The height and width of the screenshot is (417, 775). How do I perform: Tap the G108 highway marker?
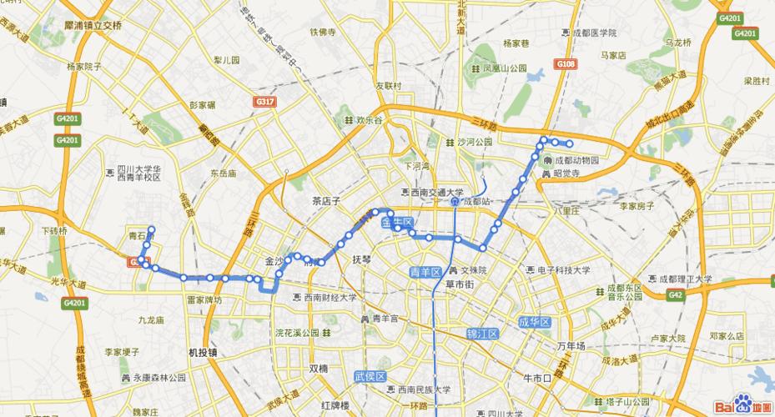pos(566,63)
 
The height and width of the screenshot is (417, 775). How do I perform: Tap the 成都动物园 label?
pos(576,160)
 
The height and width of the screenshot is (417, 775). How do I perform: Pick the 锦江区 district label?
pos(481,334)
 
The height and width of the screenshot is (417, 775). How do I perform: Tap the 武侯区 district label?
pos(370,376)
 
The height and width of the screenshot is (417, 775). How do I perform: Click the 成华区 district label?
pos(535,322)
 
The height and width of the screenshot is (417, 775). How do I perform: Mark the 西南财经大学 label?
pos(330,297)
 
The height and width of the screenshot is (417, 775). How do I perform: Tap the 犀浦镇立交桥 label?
pos(93,26)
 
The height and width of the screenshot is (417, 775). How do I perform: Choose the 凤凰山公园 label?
pos(504,68)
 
